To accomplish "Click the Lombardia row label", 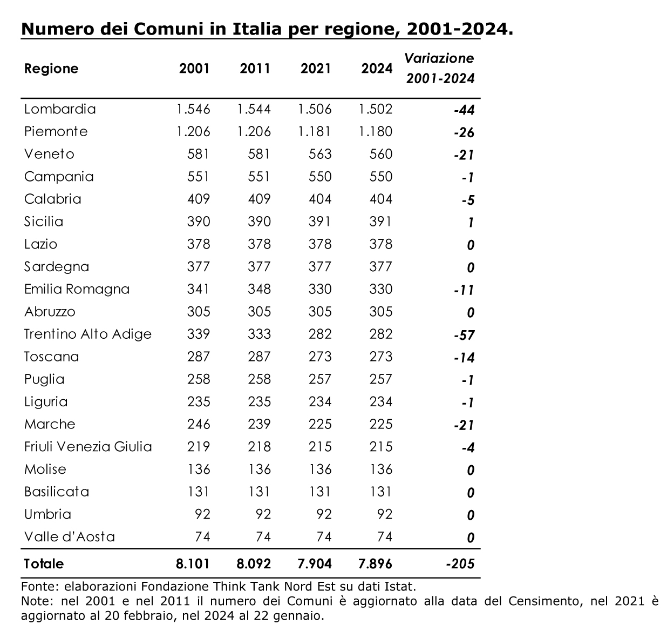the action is (60, 109).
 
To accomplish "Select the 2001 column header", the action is (194, 69).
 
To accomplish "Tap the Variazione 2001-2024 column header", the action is (440, 68).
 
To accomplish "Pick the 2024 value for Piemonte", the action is (375, 131).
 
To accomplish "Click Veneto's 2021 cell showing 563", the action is (320, 154).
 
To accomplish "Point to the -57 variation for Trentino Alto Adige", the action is (464, 335).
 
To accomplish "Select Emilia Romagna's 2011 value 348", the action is (259, 289).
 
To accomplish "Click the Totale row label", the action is (44, 563).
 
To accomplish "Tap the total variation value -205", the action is (460, 563).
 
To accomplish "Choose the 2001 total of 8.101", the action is (193, 563).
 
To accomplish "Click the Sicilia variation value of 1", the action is (471, 223).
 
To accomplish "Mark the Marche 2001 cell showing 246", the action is (199, 424).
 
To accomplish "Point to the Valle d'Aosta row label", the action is (70, 537).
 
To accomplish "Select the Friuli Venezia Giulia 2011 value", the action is (259, 447).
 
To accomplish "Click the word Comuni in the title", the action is (168, 29).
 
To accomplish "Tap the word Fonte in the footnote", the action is (39, 586).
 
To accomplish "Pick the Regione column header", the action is (51, 69).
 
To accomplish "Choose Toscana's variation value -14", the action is (464, 358).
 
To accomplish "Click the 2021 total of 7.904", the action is (315, 563).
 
